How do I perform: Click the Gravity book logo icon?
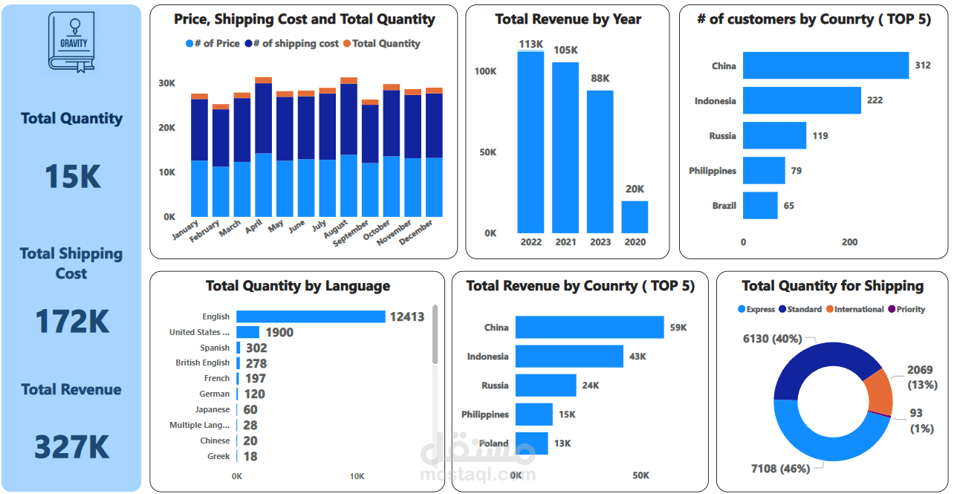pos(72,42)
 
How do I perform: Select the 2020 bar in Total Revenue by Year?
pos(635,217)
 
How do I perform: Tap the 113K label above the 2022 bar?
pos(531,45)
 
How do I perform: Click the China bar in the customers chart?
pos(825,65)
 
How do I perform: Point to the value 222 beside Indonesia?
pos(875,100)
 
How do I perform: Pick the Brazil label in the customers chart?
pos(724,206)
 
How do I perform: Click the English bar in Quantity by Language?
pos(311,316)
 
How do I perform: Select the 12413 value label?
pos(407,317)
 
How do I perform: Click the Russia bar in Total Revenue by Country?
pos(545,386)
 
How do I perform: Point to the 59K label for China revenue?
pos(678,328)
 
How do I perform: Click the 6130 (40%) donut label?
pos(772,339)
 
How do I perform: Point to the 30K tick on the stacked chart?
pos(167,82)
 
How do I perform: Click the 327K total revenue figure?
pos(71,447)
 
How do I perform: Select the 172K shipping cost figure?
pos(71,321)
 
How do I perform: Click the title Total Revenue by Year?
pos(568,19)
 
